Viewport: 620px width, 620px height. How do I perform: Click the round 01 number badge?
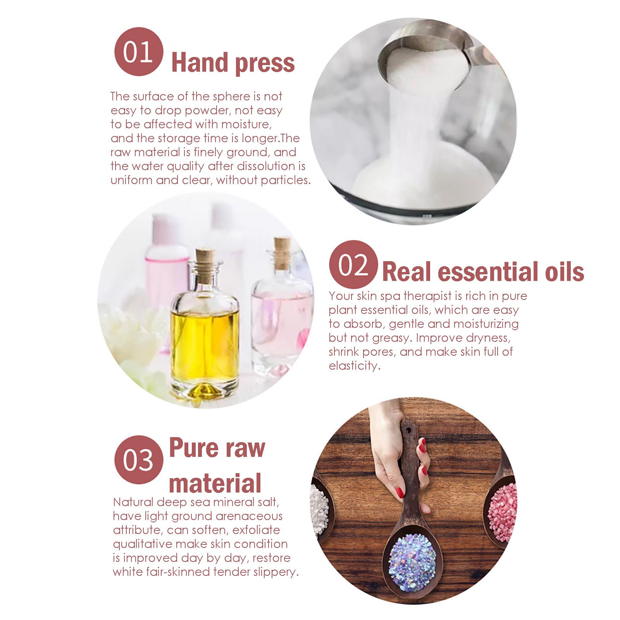138,52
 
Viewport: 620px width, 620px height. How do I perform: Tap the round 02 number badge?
353,264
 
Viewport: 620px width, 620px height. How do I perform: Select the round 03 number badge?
138,460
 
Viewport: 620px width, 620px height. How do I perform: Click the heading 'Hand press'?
233,63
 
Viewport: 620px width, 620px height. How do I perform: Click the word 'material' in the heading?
215,483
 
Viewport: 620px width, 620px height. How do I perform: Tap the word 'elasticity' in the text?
354,366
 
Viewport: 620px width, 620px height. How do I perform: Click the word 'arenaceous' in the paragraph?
249,516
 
